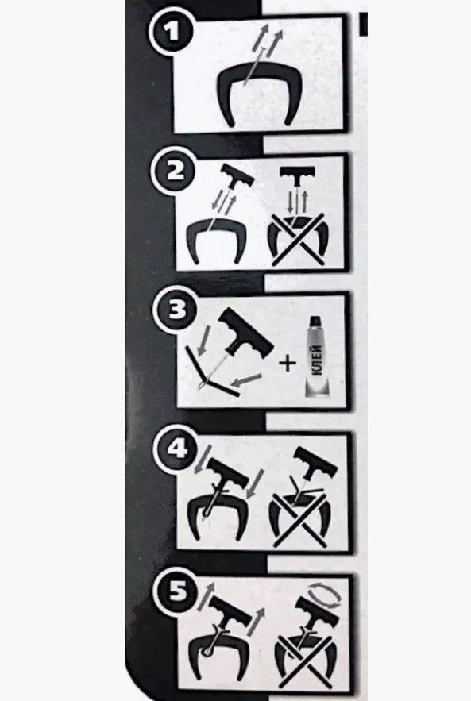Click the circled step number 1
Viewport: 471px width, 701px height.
tap(172, 33)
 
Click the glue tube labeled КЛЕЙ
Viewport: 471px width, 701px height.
tap(317, 358)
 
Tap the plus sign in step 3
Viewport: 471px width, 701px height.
tap(288, 363)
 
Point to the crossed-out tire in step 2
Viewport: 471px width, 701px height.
tap(297, 237)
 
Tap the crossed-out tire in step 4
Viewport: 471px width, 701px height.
tap(299, 518)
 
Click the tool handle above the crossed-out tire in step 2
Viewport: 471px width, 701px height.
tap(297, 173)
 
